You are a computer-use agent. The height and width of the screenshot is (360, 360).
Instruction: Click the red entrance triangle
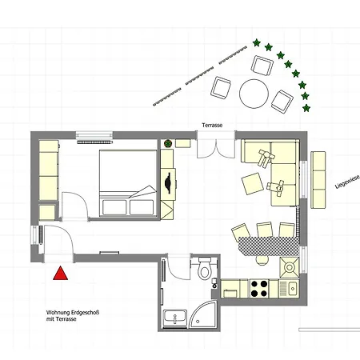click(60, 274)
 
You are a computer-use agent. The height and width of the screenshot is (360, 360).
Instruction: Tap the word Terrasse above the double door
click(213, 126)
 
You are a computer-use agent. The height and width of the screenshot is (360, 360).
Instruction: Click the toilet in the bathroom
click(204, 269)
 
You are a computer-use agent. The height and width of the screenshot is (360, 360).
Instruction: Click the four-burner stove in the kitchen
click(261, 286)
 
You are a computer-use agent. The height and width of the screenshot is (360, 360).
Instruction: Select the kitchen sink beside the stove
click(291, 286)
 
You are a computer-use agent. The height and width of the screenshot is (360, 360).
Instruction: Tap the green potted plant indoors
click(169, 144)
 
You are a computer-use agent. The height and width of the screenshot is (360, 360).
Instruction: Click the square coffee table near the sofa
click(253, 184)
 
